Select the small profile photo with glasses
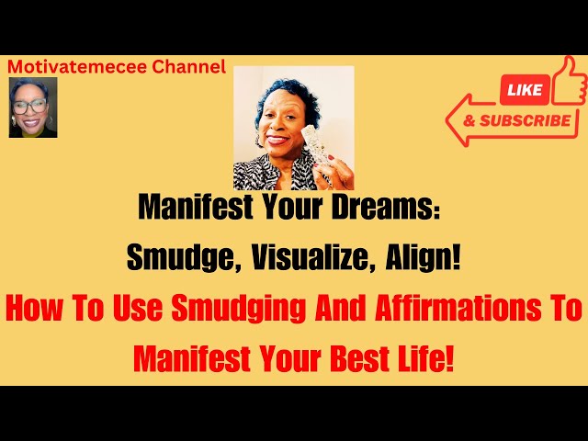pos(33,107)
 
